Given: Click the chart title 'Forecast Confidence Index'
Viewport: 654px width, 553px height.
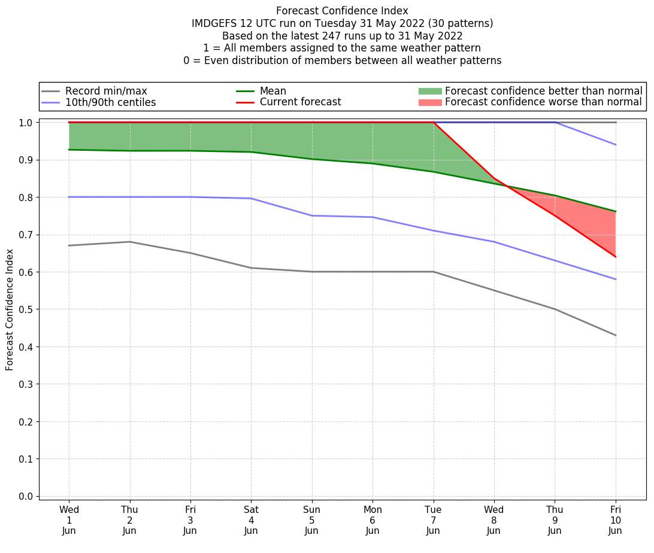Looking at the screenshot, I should click(342, 11).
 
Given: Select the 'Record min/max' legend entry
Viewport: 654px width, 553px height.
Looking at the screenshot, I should click(105, 91).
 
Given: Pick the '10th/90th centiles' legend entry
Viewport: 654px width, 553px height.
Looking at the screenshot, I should click(110, 102).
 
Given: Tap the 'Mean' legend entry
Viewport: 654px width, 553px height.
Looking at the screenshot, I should click(272, 91).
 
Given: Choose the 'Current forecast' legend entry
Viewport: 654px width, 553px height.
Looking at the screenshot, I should click(300, 102).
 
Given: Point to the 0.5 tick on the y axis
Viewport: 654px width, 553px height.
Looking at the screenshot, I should click(26, 309).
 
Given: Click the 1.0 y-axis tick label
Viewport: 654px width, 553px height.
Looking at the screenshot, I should click(26, 123).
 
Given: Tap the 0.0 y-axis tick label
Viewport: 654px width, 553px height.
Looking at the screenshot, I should click(26, 497).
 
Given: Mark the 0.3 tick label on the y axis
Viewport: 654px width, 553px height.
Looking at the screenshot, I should click(26, 384).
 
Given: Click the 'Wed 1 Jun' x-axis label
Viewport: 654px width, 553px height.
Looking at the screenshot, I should click(69, 519).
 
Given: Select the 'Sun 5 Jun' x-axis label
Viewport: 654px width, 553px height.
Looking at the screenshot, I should click(312, 519).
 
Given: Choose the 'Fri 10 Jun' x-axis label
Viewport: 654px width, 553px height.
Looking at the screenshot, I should click(615, 519).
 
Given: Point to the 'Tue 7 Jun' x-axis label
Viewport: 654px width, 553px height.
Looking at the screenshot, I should click(433, 519).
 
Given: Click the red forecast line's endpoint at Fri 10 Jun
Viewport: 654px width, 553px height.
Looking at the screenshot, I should click(615, 257).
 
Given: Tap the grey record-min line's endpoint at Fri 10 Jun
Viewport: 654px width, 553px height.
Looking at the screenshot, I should click(615, 335).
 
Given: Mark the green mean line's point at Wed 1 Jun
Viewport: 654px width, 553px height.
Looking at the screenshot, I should click(69, 150).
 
